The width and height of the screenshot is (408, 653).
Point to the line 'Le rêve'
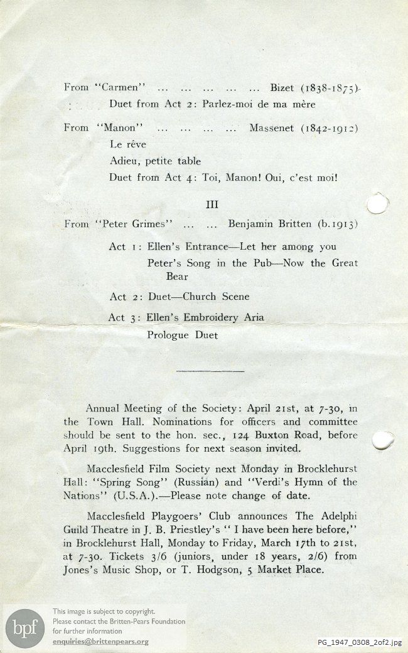tap(127, 145)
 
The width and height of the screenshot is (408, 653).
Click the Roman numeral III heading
tap(212, 204)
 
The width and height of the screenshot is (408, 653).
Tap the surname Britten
tap(295, 224)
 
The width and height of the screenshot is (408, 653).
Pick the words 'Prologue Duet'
tap(183, 336)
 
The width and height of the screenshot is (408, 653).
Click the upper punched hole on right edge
tap(377, 204)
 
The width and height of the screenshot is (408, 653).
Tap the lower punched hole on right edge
tap(382, 440)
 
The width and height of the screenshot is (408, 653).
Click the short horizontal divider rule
tap(210, 371)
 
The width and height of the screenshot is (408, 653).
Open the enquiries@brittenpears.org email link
tap(101, 642)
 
